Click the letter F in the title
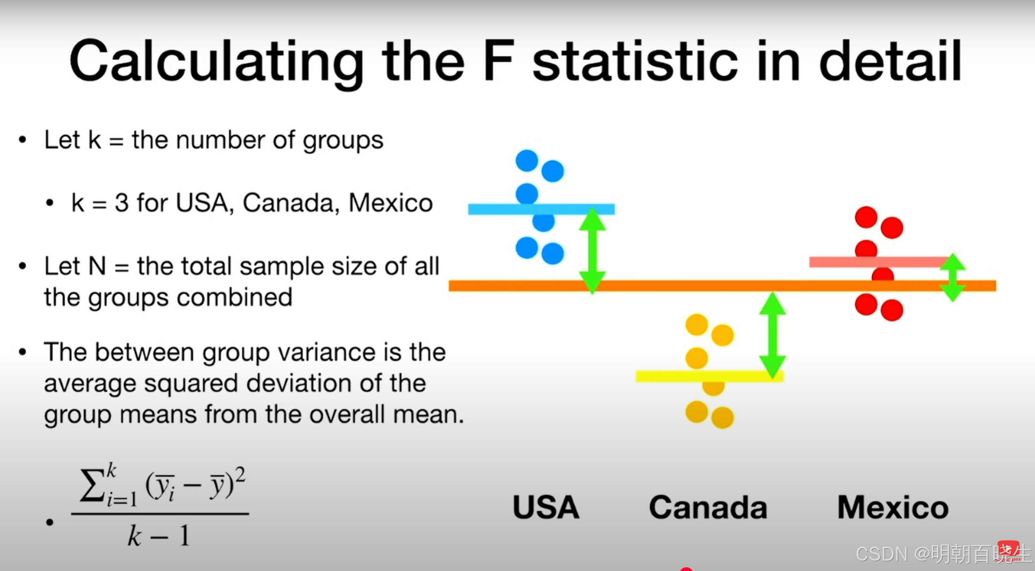(499, 61)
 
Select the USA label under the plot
(546, 507)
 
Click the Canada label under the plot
(708, 507)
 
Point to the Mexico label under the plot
(893, 507)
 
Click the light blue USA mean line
(541, 209)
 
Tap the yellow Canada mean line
(709, 376)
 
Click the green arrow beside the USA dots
(593, 250)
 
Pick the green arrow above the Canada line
(773, 335)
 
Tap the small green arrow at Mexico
(952, 278)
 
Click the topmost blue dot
(527, 161)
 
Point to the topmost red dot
(866, 217)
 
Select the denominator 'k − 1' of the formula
(159, 536)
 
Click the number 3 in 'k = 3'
(122, 203)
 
